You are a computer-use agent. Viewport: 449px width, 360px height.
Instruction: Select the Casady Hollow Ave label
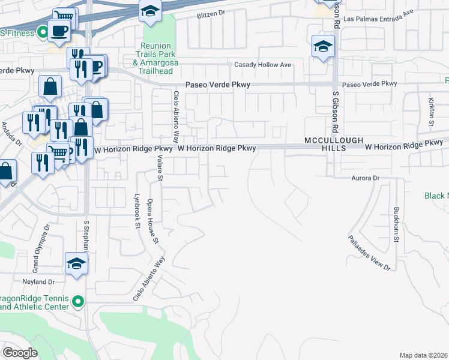click(x=262, y=65)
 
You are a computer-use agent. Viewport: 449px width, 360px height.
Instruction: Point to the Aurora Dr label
click(x=366, y=178)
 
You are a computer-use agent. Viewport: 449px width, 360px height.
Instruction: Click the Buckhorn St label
click(x=396, y=224)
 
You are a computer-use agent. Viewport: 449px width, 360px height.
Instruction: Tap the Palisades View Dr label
click(x=369, y=252)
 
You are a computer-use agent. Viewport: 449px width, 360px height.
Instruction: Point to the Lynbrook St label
click(x=137, y=213)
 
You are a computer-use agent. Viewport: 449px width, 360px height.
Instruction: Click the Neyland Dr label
click(x=39, y=281)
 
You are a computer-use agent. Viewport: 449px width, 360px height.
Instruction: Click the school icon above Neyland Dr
click(x=77, y=264)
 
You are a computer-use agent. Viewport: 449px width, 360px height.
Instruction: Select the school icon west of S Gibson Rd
click(x=323, y=46)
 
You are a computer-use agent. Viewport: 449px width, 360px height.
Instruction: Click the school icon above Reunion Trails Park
click(x=150, y=11)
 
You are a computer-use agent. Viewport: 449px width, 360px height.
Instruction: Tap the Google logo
click(x=19, y=353)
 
